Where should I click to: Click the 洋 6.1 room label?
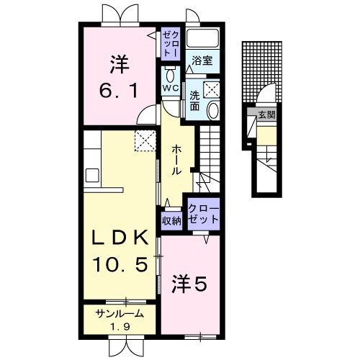click(x=120, y=78)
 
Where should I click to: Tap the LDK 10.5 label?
click(x=120, y=250)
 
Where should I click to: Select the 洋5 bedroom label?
click(x=189, y=284)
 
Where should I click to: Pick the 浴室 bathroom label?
click(x=201, y=61)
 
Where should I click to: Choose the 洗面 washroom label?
click(x=195, y=100)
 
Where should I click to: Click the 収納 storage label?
click(x=171, y=221)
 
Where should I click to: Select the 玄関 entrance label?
click(x=266, y=114)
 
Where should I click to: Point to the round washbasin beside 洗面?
click(x=212, y=110)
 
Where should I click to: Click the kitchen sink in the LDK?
click(x=92, y=175)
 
